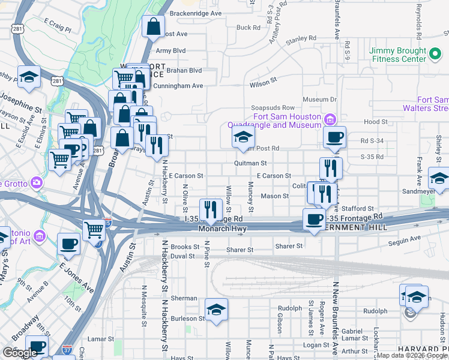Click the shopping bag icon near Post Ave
pos(153,26)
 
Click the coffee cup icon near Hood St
pos(334,137)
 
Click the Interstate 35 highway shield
pos(107,222)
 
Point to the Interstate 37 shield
pos(67,348)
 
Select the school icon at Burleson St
pos(216,310)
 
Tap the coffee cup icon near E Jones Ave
pos(69,244)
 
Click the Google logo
pos(20,353)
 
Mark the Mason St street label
pos(274,196)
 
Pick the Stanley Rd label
pos(300,41)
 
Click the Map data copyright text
pos(411,355)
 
